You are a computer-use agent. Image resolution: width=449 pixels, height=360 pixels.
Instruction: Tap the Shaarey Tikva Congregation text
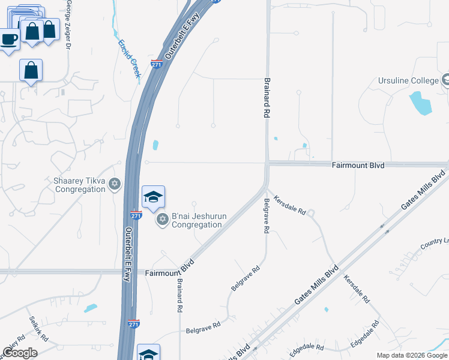80,185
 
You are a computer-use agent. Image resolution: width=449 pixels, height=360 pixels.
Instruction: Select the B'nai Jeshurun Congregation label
197,220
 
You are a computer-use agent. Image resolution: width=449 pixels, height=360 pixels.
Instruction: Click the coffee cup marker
8,41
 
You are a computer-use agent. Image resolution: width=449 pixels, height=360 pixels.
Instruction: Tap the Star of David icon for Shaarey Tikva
114,185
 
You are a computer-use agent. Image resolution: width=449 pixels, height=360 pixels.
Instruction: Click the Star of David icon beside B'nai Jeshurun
161,220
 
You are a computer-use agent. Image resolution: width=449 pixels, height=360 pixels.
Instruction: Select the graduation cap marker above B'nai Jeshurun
153,197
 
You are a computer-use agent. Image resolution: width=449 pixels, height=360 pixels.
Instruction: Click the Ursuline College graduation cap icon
445,80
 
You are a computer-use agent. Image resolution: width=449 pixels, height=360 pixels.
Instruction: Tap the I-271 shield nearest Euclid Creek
157,64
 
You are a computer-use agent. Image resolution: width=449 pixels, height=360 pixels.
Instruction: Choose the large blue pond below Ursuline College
420,104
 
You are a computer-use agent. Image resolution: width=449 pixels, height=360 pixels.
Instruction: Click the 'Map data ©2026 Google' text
412,355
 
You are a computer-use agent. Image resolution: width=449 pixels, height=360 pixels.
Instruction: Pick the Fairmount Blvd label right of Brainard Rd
358,164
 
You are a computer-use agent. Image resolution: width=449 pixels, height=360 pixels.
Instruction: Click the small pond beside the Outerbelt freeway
156,145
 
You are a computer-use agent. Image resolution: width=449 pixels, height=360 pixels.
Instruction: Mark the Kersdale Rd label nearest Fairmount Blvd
290,205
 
